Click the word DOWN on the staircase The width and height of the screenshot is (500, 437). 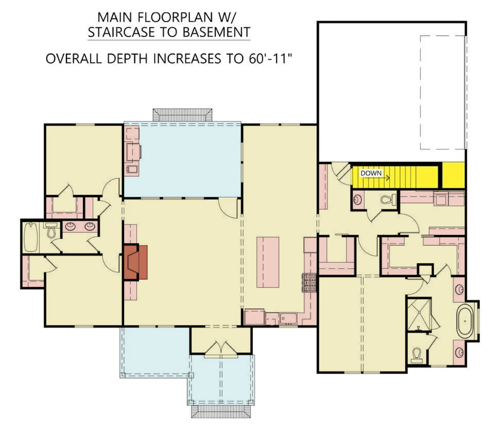371,173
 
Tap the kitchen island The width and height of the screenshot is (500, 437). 268,262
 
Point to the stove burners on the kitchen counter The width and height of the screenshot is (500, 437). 309,283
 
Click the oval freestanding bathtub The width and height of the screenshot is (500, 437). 465,321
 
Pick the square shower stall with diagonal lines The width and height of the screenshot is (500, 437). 419,315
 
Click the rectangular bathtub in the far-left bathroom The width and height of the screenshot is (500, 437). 31,237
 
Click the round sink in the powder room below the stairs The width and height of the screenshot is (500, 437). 357,199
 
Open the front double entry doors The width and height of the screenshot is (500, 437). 221,349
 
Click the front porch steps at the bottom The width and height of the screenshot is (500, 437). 221,411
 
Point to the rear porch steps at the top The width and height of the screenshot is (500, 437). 183,115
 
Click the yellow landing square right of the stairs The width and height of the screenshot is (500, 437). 453,175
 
